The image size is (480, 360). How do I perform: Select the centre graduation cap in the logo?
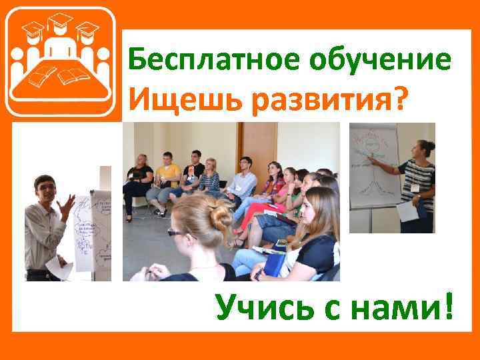(61, 25)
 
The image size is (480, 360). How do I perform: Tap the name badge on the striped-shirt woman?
(415, 188)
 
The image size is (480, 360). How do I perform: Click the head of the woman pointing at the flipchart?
(424, 149)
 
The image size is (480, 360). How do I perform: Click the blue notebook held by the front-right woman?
(274, 265)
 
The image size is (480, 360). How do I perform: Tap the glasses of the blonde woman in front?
(175, 233)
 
